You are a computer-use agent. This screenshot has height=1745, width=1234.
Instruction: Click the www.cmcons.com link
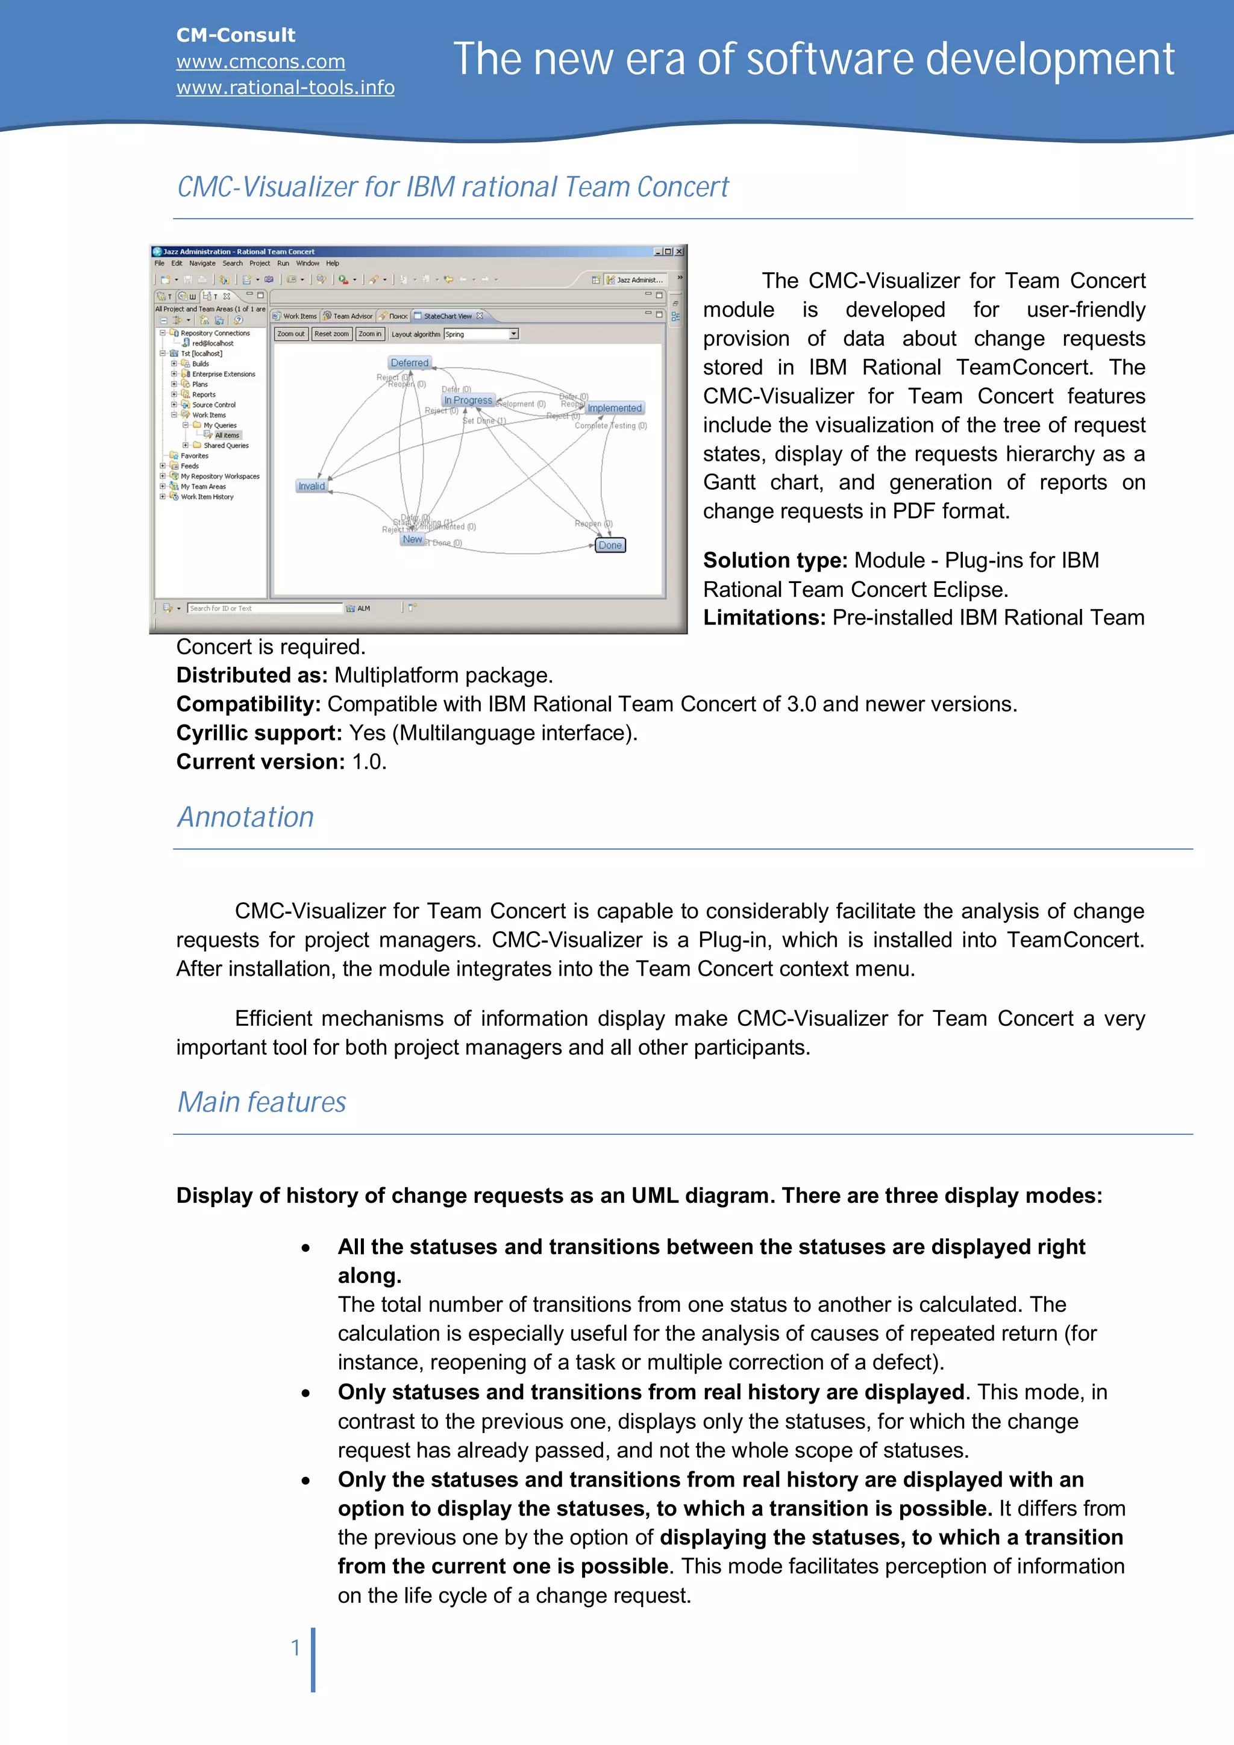260,61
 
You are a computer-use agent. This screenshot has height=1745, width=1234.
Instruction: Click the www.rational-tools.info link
285,87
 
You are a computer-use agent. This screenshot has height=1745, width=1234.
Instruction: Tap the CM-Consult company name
236,35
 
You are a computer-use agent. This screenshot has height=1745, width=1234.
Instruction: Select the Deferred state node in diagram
409,363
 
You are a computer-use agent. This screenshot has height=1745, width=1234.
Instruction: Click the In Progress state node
468,400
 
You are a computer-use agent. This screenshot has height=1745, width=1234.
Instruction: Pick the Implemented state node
615,408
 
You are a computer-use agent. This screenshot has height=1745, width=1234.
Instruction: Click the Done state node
610,545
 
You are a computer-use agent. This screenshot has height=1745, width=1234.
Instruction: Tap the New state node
412,539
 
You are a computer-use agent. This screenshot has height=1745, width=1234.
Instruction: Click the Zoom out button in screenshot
290,334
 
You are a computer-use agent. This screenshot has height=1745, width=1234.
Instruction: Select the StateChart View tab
447,316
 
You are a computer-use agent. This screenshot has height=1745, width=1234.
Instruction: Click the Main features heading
262,1102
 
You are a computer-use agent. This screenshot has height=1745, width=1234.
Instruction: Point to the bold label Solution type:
775,560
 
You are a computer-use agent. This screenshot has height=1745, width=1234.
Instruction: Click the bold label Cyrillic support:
259,732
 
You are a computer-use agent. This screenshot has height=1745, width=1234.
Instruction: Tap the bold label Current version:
261,761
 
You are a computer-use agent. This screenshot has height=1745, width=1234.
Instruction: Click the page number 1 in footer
295,1647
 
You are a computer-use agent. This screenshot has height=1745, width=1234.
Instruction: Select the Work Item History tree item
207,497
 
